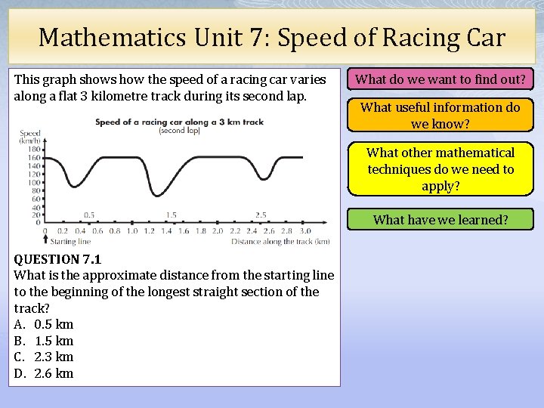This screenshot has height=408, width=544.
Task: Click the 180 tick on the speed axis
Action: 34,148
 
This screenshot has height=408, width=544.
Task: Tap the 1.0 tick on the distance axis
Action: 132,231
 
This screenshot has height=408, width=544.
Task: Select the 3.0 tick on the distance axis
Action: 304,231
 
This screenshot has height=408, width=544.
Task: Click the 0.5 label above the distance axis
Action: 89,215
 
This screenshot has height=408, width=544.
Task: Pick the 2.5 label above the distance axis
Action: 261,215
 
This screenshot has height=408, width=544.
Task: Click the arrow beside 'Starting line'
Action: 45,240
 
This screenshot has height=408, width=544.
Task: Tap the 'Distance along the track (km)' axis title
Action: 280,242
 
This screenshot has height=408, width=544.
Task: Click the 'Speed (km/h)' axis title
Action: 30,137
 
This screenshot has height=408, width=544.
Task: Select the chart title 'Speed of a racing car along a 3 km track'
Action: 179,122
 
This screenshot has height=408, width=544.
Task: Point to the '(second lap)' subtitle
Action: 179,131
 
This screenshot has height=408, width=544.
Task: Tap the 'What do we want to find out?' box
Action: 440,79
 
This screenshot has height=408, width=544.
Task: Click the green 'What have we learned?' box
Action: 440,220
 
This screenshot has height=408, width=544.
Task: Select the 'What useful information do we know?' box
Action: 440,116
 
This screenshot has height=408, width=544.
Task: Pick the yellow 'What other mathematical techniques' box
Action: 440,169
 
